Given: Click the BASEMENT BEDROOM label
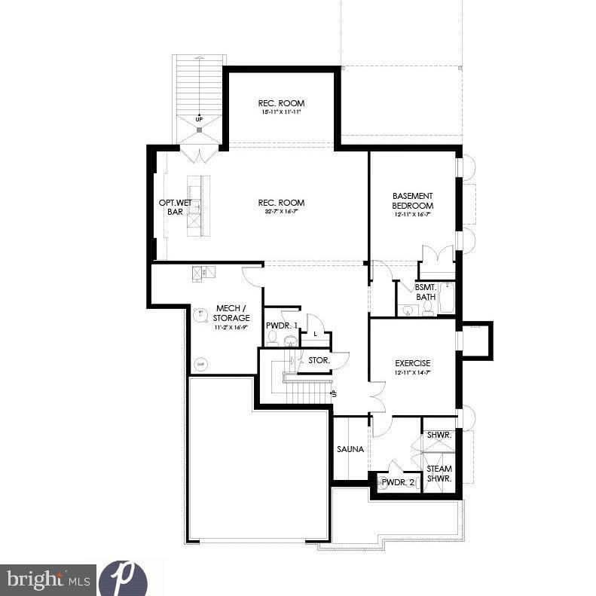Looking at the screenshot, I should click(413, 200).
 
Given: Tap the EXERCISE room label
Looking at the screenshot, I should click(413, 363).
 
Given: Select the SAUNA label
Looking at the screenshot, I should click(350, 449).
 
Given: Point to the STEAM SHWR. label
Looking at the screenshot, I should click(439, 473).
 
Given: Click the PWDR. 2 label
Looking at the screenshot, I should click(397, 482).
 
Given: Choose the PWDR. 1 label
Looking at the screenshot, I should click(281, 326).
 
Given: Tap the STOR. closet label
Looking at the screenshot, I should click(319, 360).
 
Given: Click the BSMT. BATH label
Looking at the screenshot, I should click(425, 292).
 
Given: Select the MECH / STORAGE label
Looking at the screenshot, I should click(232, 313).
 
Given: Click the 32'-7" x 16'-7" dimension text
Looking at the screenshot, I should click(281, 212).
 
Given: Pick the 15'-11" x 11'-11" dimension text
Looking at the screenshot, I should click(281, 112).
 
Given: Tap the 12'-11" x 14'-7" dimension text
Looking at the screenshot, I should click(413, 372).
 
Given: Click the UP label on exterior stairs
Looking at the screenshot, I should click(199, 119).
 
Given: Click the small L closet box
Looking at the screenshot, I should click(315, 334).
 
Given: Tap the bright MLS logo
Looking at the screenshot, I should click(47, 579).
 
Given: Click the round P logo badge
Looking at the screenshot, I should click(122, 578).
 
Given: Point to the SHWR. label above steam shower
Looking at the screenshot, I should click(439, 435).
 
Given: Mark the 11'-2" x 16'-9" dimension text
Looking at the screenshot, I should click(232, 328).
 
